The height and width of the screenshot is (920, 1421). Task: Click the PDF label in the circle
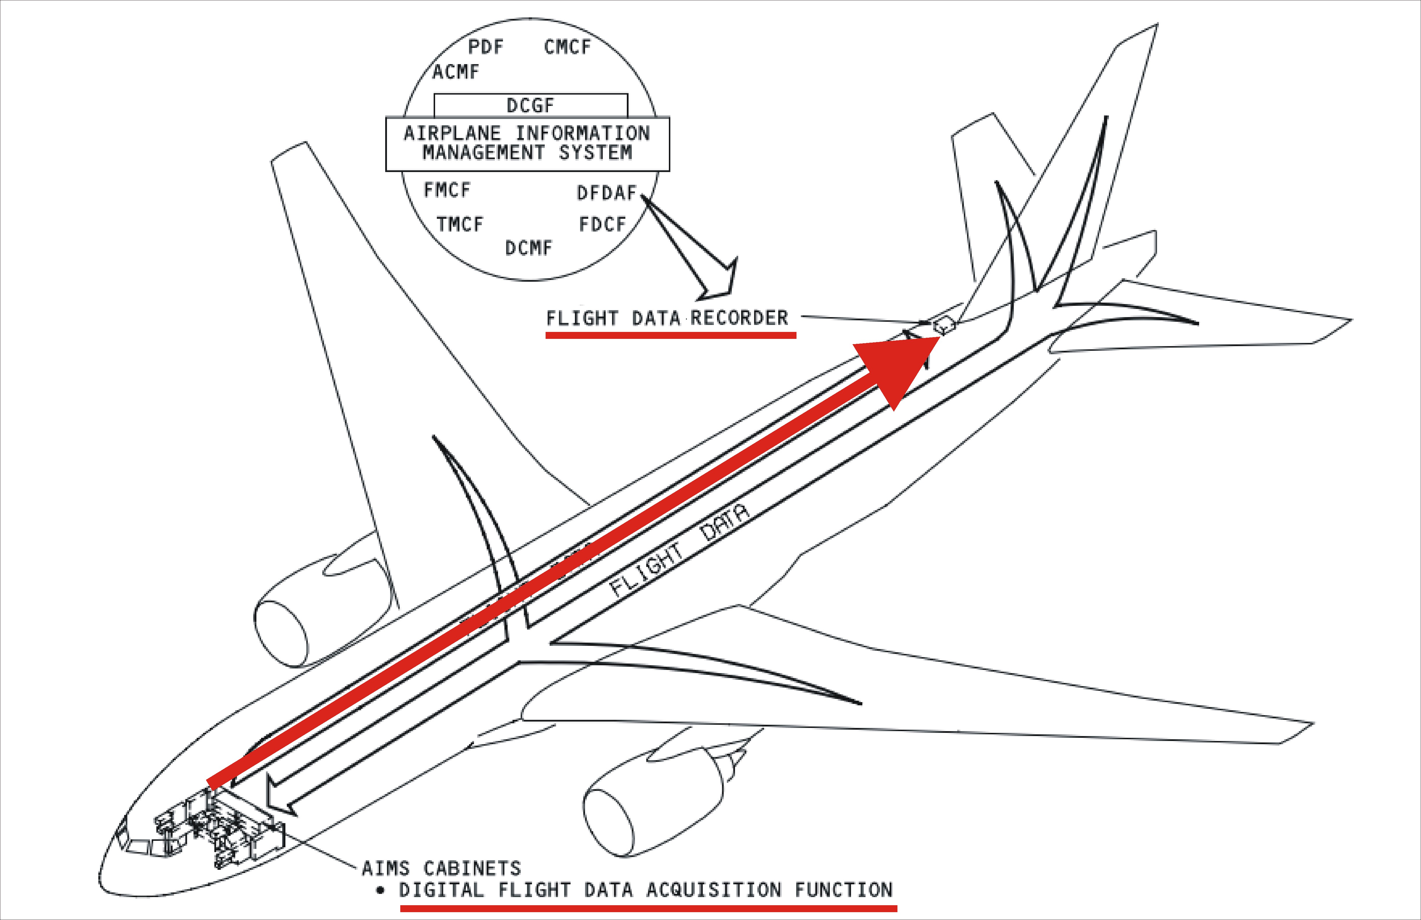(485, 47)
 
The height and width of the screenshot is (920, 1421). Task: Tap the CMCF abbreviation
(566, 47)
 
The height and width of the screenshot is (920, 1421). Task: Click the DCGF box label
(530, 106)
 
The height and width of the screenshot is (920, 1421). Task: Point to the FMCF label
(447, 190)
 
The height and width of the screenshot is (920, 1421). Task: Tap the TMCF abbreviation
(459, 225)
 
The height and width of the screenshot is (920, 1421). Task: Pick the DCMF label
(528, 248)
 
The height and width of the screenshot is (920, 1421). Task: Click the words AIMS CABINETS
(441, 868)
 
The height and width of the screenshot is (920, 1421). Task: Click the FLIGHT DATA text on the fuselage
(678, 552)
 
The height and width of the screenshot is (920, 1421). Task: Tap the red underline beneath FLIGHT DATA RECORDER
(671, 335)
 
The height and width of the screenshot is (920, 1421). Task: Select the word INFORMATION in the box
(582, 133)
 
